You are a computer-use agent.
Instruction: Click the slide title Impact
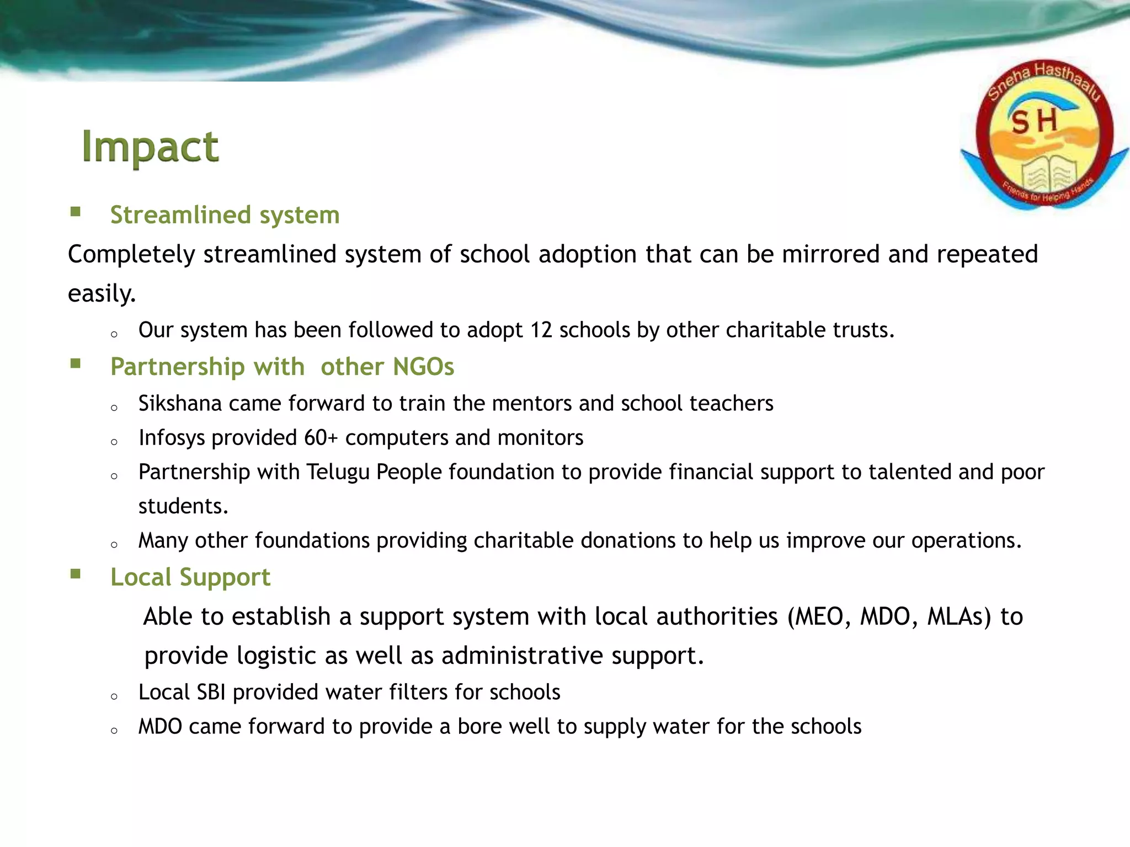pyautogui.click(x=150, y=147)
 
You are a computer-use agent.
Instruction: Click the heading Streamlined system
pyautogui.click(x=225, y=215)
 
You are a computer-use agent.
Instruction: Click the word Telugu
pyautogui.click(x=338, y=472)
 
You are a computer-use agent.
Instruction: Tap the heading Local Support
pyautogui.click(x=190, y=577)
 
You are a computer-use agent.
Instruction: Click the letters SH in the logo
pyautogui.click(x=1035, y=121)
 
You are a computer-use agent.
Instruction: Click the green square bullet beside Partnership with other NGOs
pyautogui.click(x=76, y=363)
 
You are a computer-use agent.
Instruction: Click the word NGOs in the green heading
pyautogui.click(x=423, y=367)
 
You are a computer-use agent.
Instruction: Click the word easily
pyautogui.click(x=101, y=293)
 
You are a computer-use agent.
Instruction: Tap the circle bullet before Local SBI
pyautogui.click(x=114, y=696)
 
